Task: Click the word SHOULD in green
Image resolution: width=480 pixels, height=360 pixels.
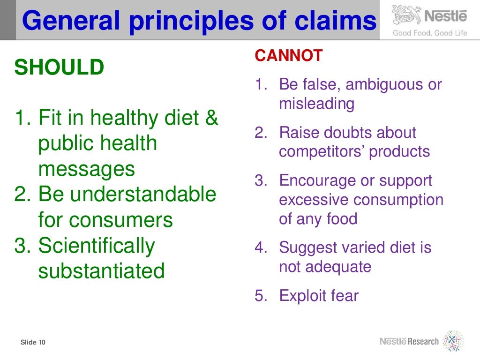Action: pos(59,68)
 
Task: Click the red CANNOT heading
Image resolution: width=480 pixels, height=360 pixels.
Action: pos(289,56)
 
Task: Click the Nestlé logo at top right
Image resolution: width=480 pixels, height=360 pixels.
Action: pos(430,16)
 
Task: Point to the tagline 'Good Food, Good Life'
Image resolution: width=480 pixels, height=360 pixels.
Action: pos(430,33)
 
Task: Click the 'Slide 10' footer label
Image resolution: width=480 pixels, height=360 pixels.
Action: pos(33,343)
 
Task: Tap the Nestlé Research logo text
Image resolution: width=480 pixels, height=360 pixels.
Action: pos(409,341)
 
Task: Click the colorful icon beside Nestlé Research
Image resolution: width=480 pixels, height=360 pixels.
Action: pos(453,341)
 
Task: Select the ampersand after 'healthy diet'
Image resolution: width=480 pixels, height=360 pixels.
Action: pos(212,117)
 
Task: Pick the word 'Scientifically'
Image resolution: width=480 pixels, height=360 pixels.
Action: pos(97,246)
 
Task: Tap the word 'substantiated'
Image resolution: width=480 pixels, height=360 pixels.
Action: pos(101,271)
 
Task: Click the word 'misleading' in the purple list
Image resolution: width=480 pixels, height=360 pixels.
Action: pos(317,104)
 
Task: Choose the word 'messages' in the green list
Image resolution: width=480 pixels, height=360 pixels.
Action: pos(87,169)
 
